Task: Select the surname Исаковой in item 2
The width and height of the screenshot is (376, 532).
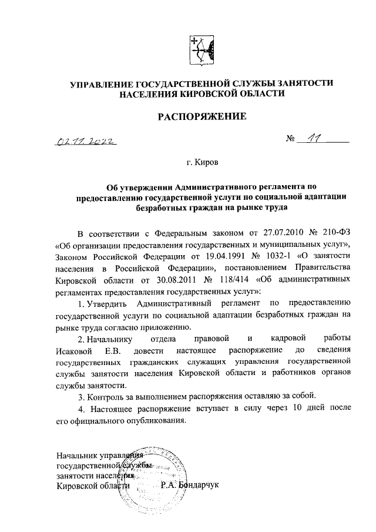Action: point(75,350)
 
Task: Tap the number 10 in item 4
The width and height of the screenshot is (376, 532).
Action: point(300,407)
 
